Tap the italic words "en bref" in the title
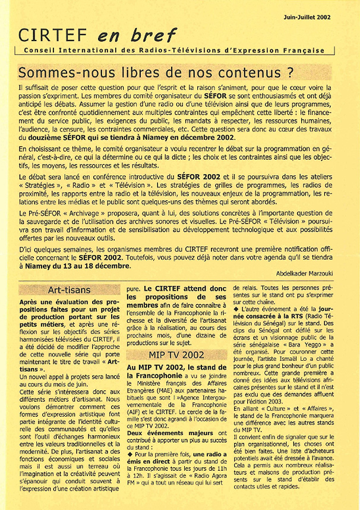coord(110,36)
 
